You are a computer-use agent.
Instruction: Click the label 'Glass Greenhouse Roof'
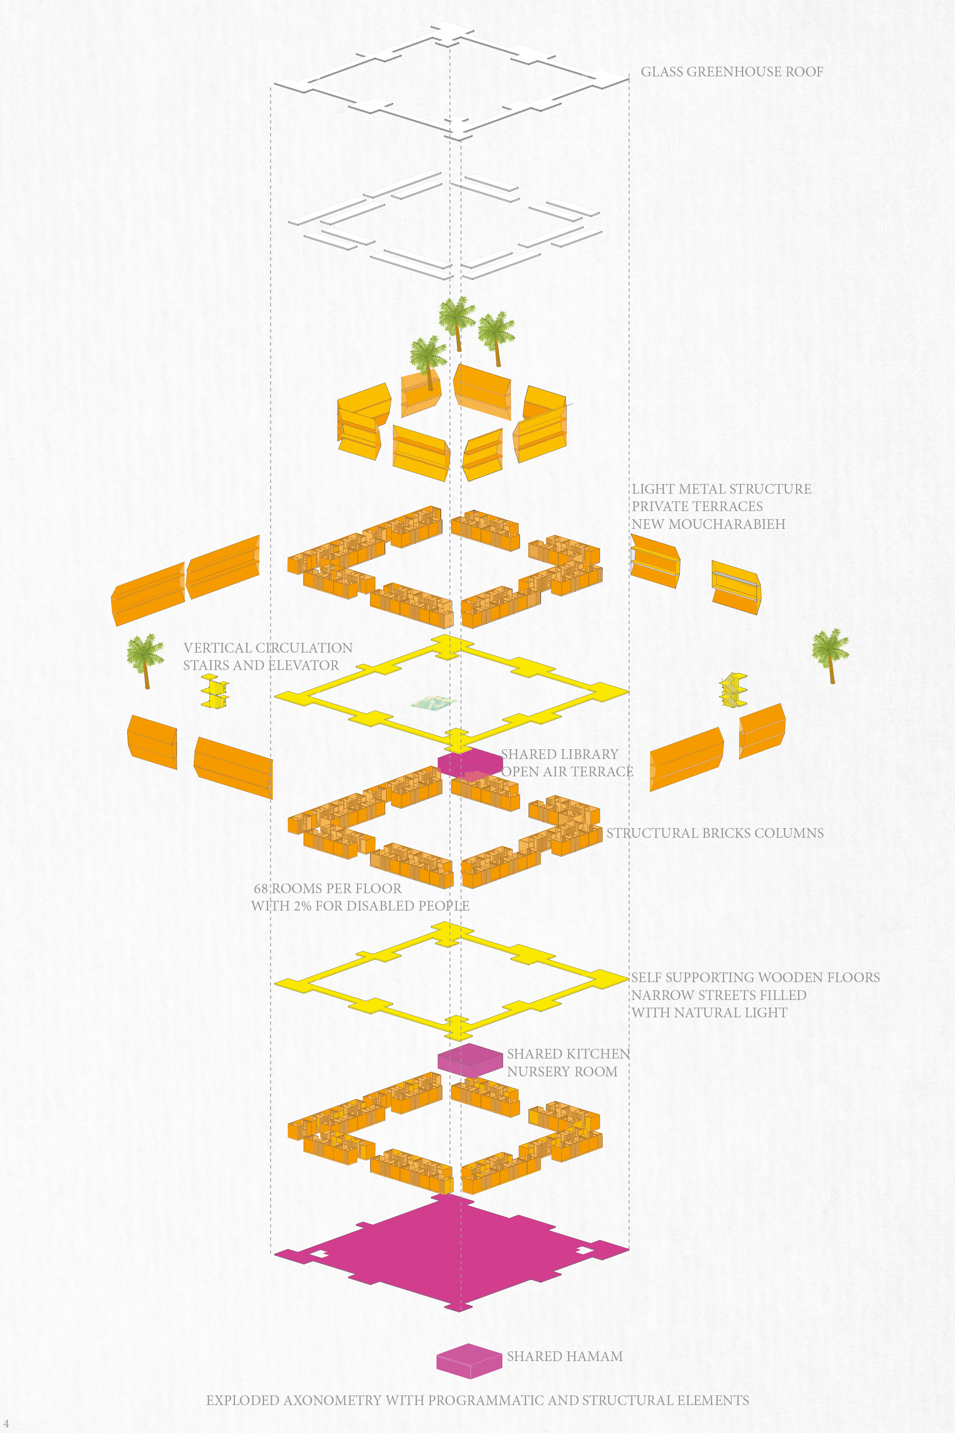pyautogui.click(x=731, y=72)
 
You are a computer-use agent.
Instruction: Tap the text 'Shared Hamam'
pyautogui.click(x=564, y=1356)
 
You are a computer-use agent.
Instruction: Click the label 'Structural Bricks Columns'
pyautogui.click(x=714, y=833)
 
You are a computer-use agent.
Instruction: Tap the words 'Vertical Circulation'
pyautogui.click(x=268, y=648)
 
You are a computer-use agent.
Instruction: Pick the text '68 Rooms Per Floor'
pyautogui.click(x=327, y=888)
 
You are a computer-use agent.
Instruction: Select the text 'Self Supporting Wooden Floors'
pyautogui.click(x=755, y=977)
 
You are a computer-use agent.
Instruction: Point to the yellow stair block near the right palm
pyautogui.click(x=733, y=689)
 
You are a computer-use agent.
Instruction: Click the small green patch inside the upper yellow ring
pyautogui.click(x=433, y=703)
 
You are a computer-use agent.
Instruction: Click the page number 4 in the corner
pyautogui.click(x=6, y=1423)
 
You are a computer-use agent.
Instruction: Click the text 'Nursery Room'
pyautogui.click(x=562, y=1071)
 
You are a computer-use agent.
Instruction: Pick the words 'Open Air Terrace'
pyautogui.click(x=567, y=771)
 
